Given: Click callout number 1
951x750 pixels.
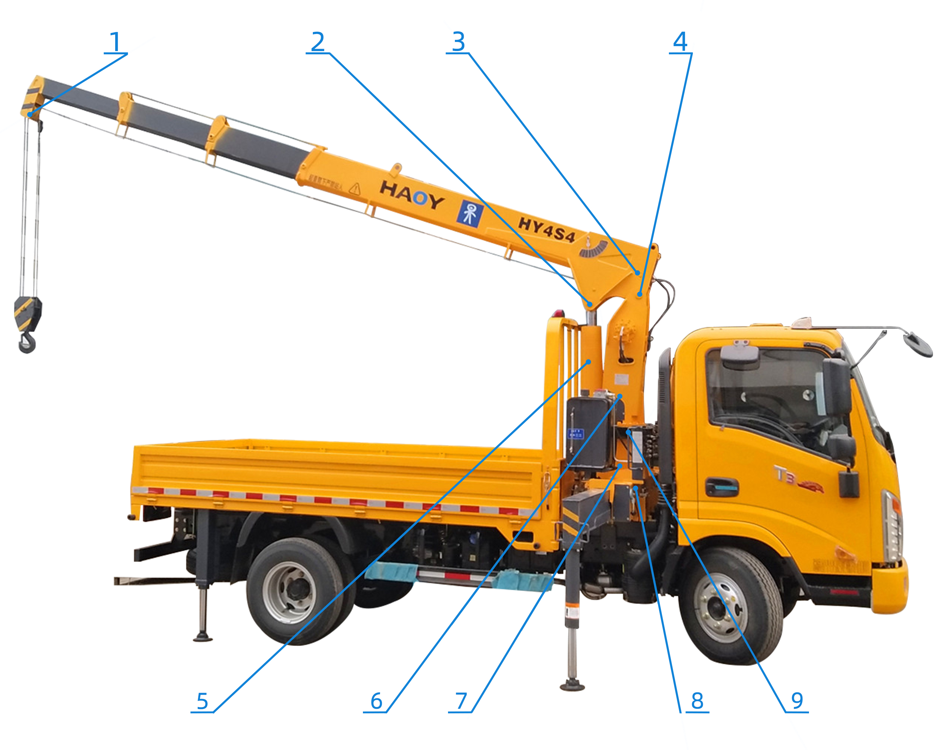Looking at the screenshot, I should (115, 43).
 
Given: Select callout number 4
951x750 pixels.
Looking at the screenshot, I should (680, 42).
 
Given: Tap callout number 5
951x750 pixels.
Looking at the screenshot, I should (202, 701).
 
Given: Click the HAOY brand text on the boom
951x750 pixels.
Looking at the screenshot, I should (412, 195).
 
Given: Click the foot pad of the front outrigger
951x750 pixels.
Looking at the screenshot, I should (572, 685).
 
